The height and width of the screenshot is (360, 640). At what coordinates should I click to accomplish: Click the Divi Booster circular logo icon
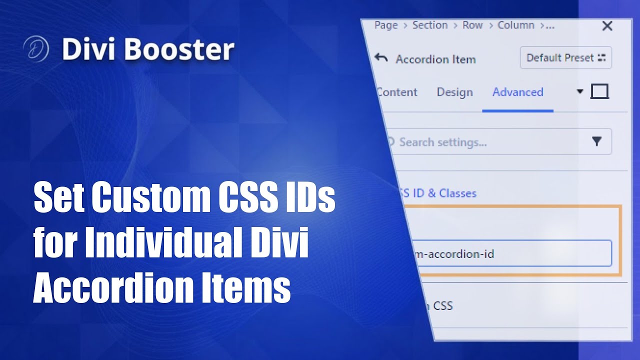pos(35,49)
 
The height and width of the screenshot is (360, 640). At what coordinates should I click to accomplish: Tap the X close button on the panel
pos(607,26)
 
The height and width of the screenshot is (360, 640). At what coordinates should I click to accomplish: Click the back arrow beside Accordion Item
pos(381,58)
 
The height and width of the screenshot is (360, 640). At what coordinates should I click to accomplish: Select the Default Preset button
pos(565,58)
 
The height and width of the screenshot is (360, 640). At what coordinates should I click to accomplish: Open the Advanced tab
pos(517,92)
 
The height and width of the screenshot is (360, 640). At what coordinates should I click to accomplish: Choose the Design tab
pos(454,92)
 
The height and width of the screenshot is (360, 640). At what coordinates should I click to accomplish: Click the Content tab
pos(397,92)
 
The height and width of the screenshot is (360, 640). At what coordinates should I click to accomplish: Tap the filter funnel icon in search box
pos(596,142)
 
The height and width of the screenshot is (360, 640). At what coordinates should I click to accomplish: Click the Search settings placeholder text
pos(443,142)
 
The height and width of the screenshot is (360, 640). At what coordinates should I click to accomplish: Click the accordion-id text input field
pos(510,253)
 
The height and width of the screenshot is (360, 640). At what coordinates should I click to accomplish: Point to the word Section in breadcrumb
pos(429,25)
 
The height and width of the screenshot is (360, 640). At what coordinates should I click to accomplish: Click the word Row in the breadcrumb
pos(472,25)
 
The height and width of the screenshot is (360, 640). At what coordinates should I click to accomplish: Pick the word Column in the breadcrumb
pos(516,25)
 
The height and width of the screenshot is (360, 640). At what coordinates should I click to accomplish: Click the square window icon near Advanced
pos(599,91)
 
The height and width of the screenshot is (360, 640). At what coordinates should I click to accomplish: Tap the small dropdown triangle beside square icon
pos(580,91)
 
